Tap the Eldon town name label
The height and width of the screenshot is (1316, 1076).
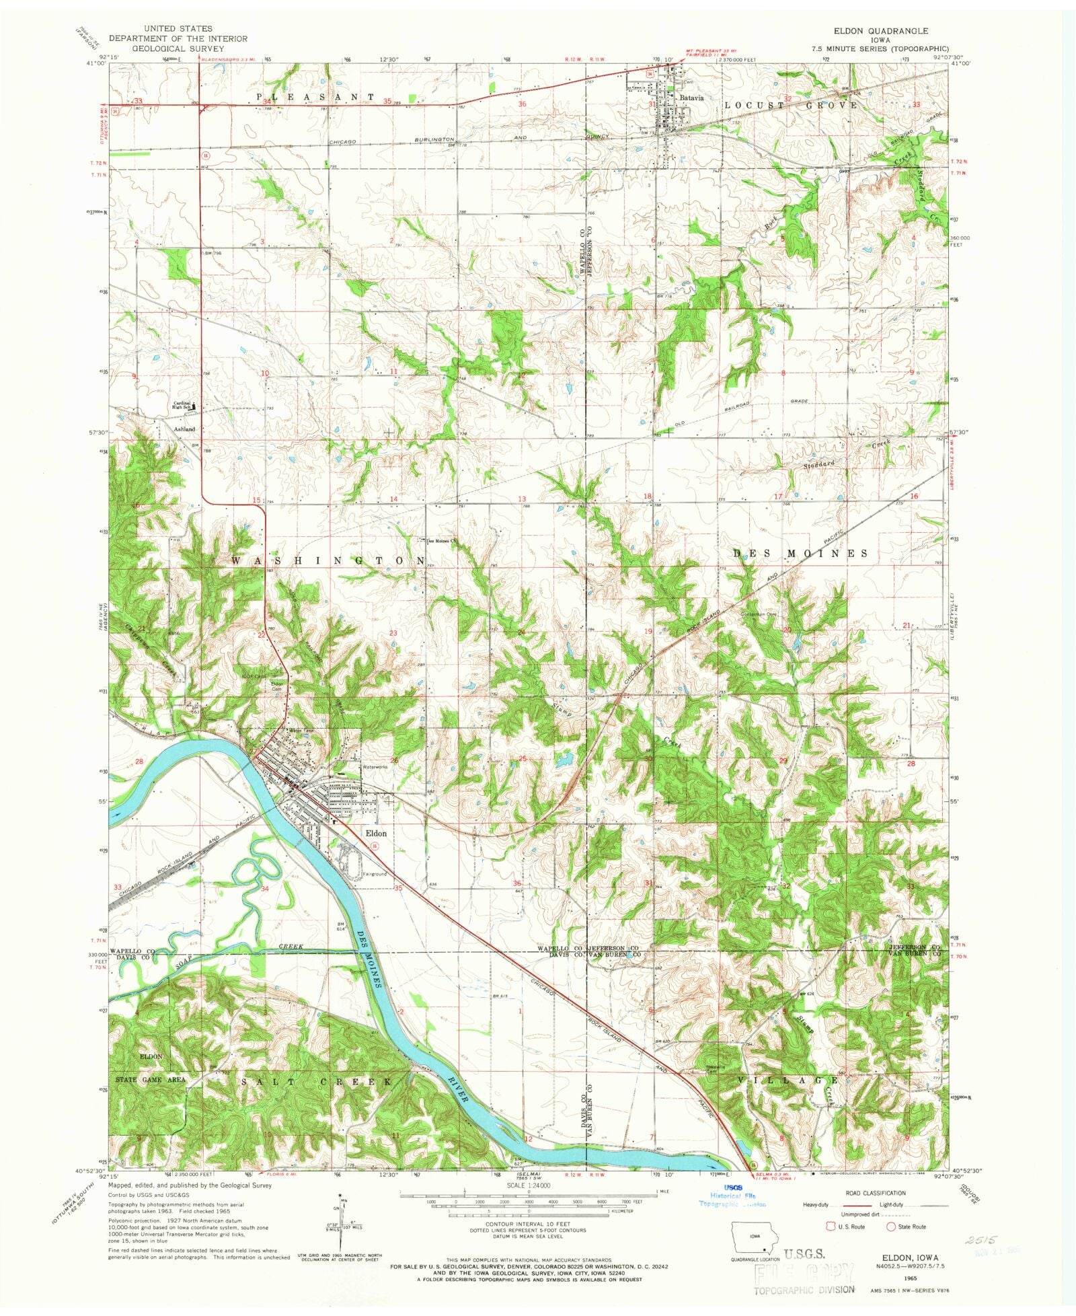(376, 833)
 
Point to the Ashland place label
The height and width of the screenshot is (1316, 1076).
(184, 429)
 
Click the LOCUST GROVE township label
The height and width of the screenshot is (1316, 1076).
(791, 106)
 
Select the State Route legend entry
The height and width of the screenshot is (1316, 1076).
(906, 1227)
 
